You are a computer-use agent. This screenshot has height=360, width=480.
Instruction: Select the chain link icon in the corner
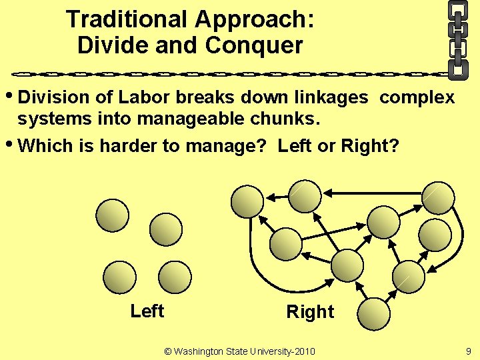pos(457,38)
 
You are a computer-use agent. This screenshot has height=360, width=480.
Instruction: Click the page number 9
pos(469,351)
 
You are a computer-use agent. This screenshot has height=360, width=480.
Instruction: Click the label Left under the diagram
pos(147,311)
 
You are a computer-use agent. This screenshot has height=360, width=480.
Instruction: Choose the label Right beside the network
pos(310,312)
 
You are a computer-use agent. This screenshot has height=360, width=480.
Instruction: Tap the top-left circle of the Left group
pos(113,214)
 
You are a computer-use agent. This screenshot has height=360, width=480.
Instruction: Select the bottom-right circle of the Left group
pos(175,277)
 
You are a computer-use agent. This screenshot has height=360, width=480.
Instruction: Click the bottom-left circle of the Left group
pos(120,277)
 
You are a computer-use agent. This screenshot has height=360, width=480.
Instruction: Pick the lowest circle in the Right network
pos(373,313)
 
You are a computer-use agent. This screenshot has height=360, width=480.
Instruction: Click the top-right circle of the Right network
pos(439,198)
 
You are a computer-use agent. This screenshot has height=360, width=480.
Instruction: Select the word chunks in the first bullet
pos(293,121)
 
